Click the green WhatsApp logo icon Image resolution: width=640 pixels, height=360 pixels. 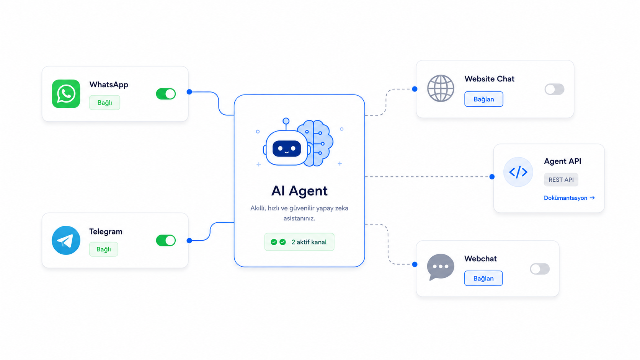tap(66, 94)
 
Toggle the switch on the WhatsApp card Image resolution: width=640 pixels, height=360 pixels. tap(166, 94)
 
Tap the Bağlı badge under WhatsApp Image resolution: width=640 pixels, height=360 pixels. tap(104, 103)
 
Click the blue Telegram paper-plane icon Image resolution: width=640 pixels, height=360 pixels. tap(66, 240)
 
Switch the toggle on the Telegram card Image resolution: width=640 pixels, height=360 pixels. tap(166, 240)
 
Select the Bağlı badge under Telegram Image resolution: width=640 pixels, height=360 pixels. tap(103, 249)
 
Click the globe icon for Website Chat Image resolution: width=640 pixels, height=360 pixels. tap(441, 88)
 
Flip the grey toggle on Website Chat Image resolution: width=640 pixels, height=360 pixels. tap(554, 89)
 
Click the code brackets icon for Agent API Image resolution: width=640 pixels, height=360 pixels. tap(518, 172)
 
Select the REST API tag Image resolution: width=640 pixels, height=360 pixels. tap(561, 179)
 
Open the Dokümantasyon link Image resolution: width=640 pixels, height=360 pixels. tap(569, 198)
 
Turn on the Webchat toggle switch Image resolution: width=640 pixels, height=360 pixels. tap(540, 269)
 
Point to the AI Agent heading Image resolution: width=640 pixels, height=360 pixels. tap(299, 191)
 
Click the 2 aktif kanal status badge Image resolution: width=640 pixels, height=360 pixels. tap(299, 242)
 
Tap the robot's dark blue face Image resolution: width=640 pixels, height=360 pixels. tap(287, 149)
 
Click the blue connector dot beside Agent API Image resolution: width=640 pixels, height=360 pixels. tap(492, 177)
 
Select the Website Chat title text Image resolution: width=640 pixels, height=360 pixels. tap(489, 79)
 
